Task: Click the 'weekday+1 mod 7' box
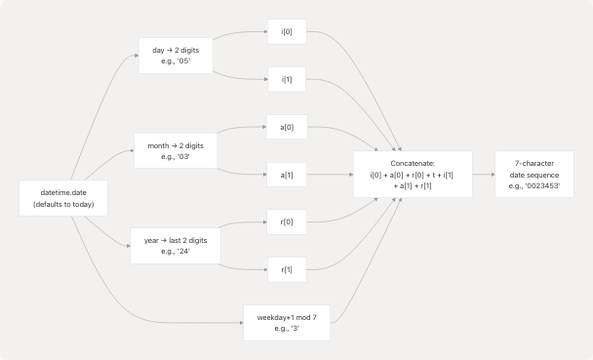pyautogui.click(x=293, y=323)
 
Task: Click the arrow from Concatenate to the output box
pyautogui.click(x=483, y=175)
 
